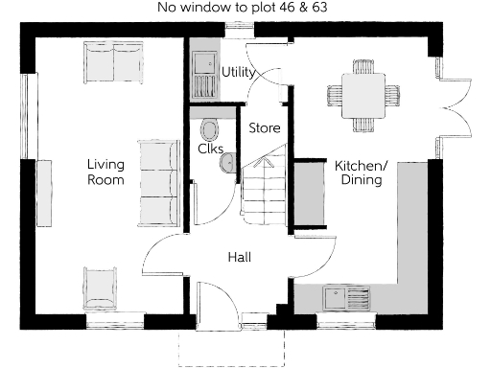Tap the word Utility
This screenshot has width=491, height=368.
pos(237,73)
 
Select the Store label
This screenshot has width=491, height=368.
pos(264,126)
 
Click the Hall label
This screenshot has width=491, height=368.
pos(240,257)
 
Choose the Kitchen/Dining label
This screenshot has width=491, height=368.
pos(360,172)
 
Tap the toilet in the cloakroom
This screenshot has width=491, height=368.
pos(210,128)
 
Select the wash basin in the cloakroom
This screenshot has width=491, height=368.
pos(227,166)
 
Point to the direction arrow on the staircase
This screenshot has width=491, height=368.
pos(266,165)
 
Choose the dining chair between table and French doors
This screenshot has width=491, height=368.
pos(393,96)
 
